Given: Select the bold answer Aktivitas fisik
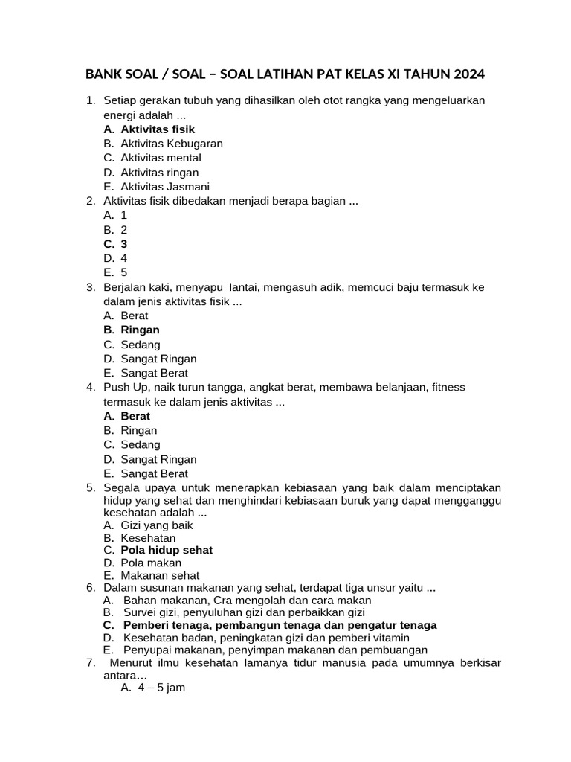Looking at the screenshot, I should point(158,129).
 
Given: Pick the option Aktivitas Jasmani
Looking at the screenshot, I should point(165,187).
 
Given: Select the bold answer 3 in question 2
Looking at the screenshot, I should point(124,244).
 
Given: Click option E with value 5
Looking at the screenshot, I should point(124,272).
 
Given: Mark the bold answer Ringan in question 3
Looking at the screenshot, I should point(140,330).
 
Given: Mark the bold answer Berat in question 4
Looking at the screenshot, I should point(135,416).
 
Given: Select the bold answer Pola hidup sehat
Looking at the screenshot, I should point(167,550).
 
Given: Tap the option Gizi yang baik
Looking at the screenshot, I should point(157,525).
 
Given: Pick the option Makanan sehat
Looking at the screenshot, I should point(160,575).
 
